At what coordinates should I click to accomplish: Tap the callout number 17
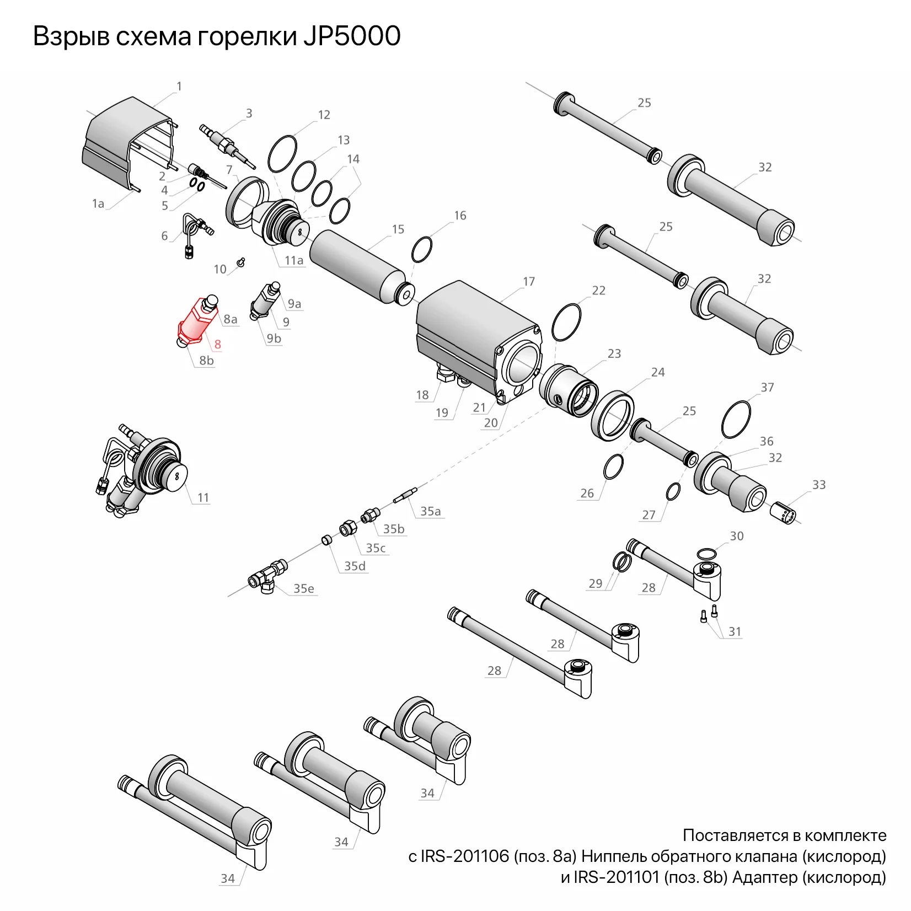click(528, 282)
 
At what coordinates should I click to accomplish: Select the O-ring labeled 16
click(422, 250)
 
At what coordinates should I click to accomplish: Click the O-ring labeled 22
click(566, 322)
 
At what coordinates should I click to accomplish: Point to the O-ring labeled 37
click(736, 420)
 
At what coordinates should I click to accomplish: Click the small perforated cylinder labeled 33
click(783, 513)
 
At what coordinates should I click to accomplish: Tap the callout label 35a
click(430, 511)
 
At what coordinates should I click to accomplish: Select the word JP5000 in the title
click(351, 36)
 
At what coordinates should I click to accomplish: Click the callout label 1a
click(98, 203)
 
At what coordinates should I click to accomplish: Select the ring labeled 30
click(706, 554)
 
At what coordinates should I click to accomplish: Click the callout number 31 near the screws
click(735, 631)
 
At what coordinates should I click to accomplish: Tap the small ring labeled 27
click(673, 492)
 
